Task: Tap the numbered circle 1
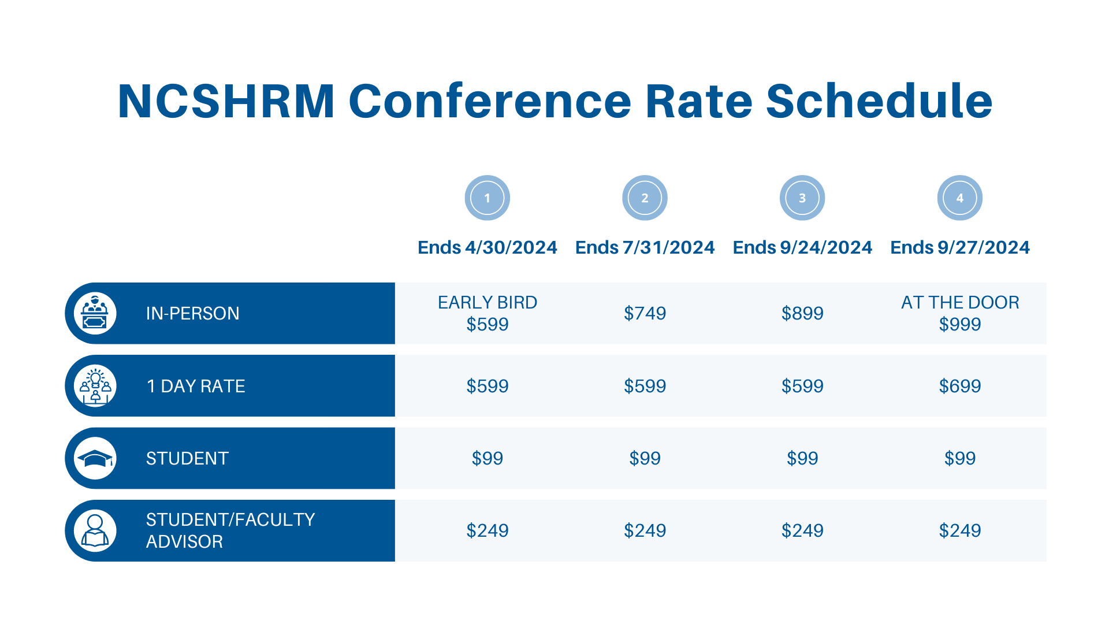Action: pos(487,198)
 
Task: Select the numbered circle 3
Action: pos(802,198)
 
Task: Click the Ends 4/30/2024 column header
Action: pos(487,247)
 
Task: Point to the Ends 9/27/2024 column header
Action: pos(959,247)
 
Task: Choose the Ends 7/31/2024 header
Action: pos(645,247)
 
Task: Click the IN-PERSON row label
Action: pos(192,313)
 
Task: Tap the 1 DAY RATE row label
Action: pos(196,386)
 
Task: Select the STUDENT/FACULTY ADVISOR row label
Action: pos(230,530)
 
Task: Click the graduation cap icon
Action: pos(95,459)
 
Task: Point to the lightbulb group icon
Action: pos(95,386)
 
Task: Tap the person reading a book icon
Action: pos(95,530)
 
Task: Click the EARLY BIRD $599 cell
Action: pos(487,313)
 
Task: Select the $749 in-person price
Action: pos(645,313)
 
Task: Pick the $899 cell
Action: pos(802,313)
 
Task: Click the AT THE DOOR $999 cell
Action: pos(959,313)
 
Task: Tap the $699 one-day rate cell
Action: pos(959,386)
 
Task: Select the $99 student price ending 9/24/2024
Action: pos(802,458)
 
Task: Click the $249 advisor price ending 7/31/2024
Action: pos(645,530)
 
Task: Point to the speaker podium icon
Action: pos(95,313)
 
